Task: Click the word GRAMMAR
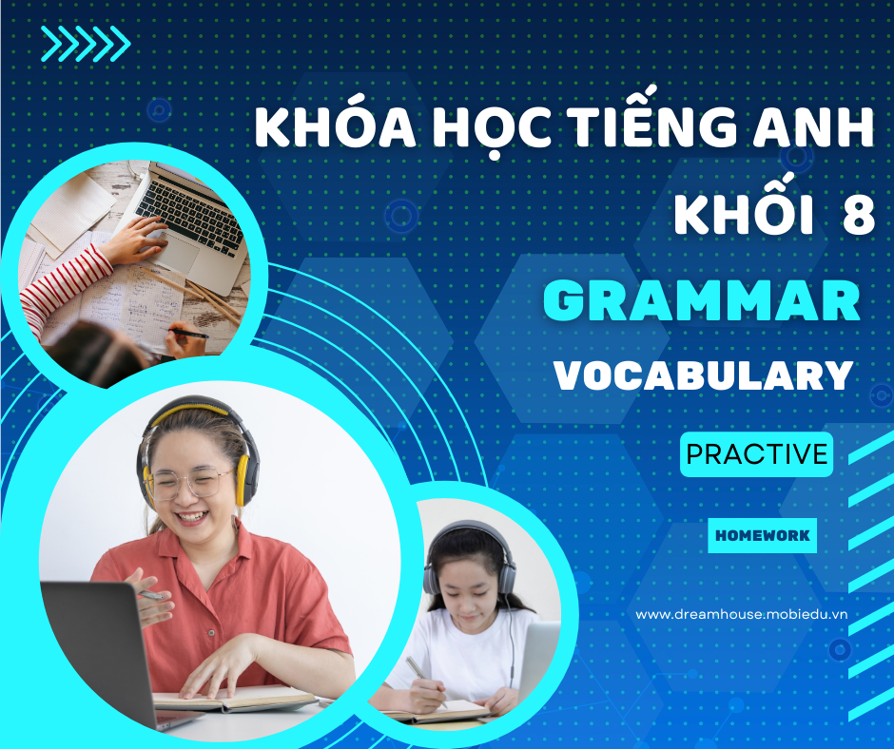click(701, 301)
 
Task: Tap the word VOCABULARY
click(704, 375)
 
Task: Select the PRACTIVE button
click(757, 454)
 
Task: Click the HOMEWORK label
click(763, 535)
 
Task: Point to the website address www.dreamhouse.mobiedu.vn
click(741, 614)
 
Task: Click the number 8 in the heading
click(859, 216)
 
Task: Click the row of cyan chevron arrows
click(86, 44)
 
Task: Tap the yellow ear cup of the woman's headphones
click(243, 479)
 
